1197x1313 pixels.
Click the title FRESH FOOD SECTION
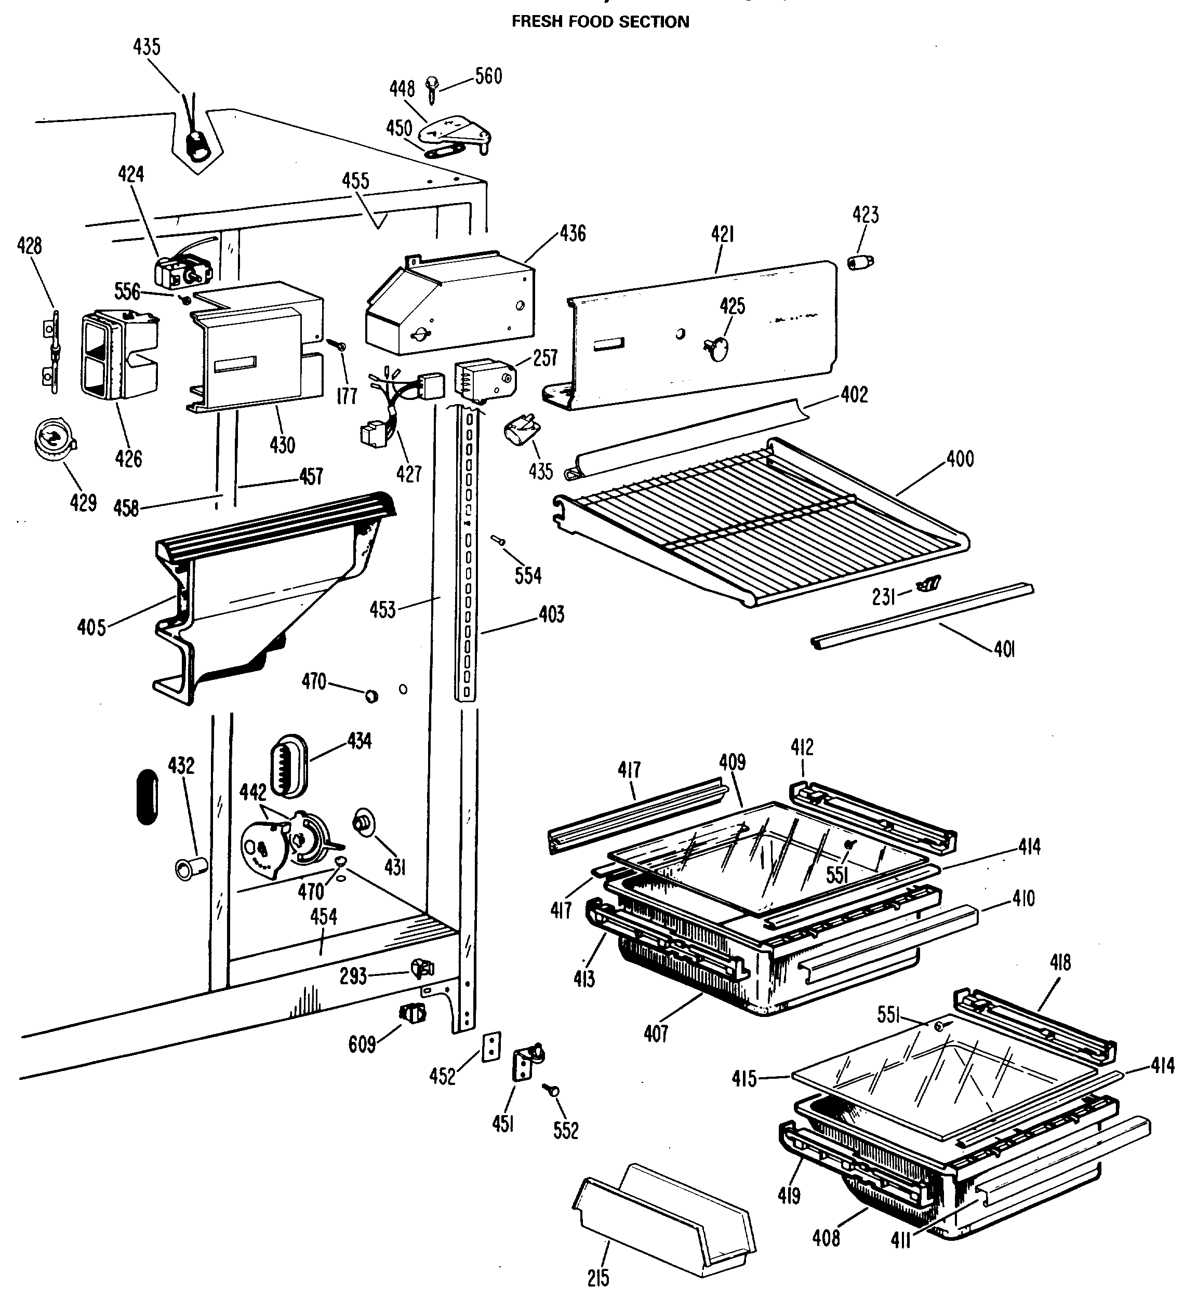[x=600, y=21]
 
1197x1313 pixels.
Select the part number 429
[x=84, y=502]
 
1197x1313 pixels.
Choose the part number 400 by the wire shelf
[x=960, y=459]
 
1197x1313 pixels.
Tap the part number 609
[x=362, y=1044]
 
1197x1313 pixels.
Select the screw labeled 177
[x=338, y=345]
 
